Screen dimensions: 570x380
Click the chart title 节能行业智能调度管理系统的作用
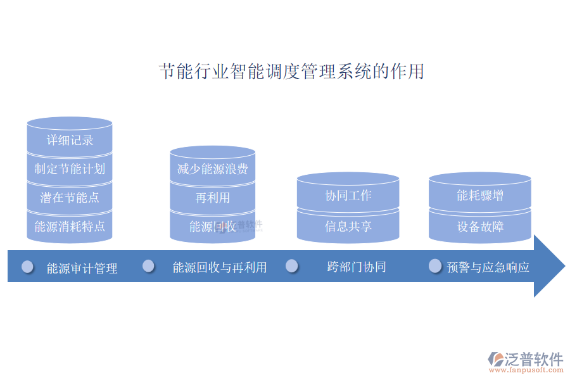click(291, 72)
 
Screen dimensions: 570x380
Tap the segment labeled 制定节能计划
click(70, 168)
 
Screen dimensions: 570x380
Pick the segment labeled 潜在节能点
click(70, 198)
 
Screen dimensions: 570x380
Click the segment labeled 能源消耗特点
click(70, 226)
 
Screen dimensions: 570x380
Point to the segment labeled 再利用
click(213, 198)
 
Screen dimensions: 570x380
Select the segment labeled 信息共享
click(348, 226)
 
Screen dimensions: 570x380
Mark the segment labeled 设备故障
click(480, 226)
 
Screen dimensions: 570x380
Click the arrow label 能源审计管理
click(82, 269)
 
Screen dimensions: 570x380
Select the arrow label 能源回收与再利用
click(220, 268)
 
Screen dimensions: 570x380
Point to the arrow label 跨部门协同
click(356, 267)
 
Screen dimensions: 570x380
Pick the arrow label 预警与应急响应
click(488, 267)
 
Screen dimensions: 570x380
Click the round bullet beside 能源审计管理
click(28, 267)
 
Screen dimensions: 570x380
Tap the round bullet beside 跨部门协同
click(291, 266)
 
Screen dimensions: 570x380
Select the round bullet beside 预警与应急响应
click(434, 266)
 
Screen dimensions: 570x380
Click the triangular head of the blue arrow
click(549, 266)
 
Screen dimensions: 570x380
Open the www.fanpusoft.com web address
click(526, 370)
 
